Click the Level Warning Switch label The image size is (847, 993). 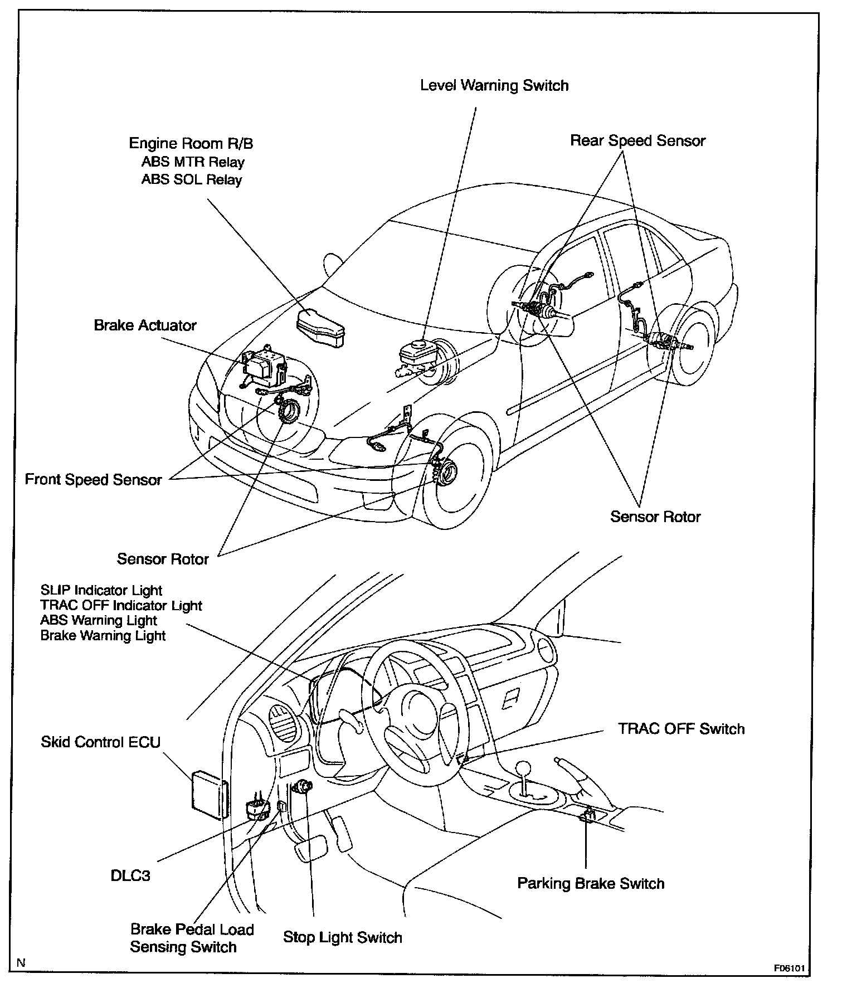click(494, 85)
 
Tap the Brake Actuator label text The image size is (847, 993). click(145, 325)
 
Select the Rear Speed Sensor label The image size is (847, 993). click(637, 140)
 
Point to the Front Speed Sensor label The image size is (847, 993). click(93, 479)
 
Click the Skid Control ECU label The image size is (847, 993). click(100, 742)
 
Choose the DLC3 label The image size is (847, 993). click(130, 875)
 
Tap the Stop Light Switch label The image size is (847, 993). click(342, 937)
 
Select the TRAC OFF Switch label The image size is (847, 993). click(681, 728)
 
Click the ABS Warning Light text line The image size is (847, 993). click(99, 620)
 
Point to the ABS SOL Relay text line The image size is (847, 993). click(192, 179)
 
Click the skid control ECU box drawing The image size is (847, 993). click(208, 795)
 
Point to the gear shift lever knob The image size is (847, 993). click(524, 768)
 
